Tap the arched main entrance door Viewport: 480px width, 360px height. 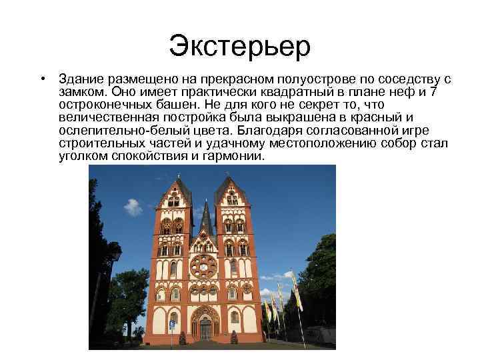[x=205, y=327]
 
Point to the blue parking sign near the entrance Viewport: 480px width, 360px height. [x=171, y=325]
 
